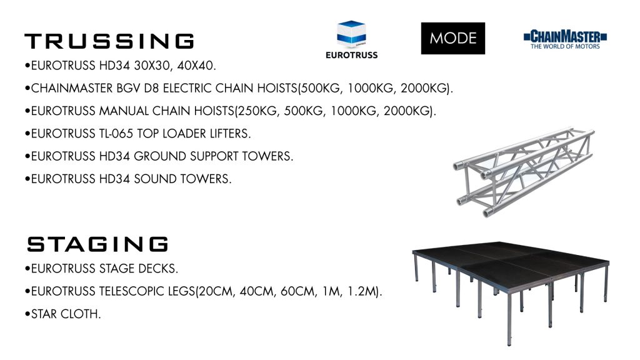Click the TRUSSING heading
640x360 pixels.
click(x=109, y=41)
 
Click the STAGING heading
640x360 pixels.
click(x=97, y=244)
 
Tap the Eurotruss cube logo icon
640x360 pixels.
click(x=351, y=34)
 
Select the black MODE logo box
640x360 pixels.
click(x=453, y=38)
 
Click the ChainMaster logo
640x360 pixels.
click(x=565, y=39)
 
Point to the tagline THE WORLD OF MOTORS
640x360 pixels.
click(x=565, y=46)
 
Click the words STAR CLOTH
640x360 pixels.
click(x=65, y=314)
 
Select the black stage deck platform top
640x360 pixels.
click(x=510, y=263)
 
